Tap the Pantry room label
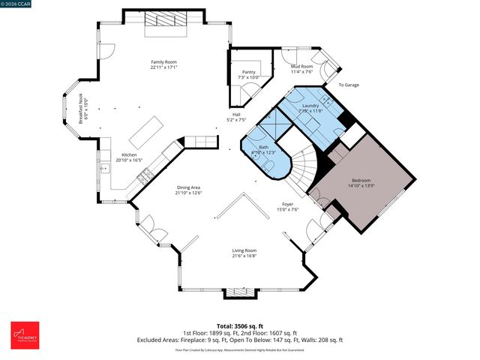(x=248, y=73)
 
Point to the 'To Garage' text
(x=348, y=85)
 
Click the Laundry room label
(x=310, y=106)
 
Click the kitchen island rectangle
(x=148, y=132)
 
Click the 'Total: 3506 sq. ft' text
(x=239, y=326)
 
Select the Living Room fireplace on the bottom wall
(x=240, y=292)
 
